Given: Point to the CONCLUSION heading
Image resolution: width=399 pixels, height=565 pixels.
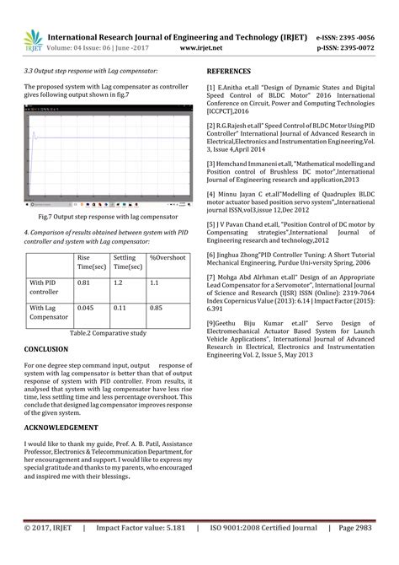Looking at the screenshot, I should [x=47, y=347].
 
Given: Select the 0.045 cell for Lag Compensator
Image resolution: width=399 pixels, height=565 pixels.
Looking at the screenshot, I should [x=87, y=309].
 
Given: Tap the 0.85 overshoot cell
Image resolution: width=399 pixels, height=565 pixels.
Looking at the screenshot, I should [x=157, y=309].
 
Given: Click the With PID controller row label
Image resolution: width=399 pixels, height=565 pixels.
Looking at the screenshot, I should [x=44, y=288].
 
